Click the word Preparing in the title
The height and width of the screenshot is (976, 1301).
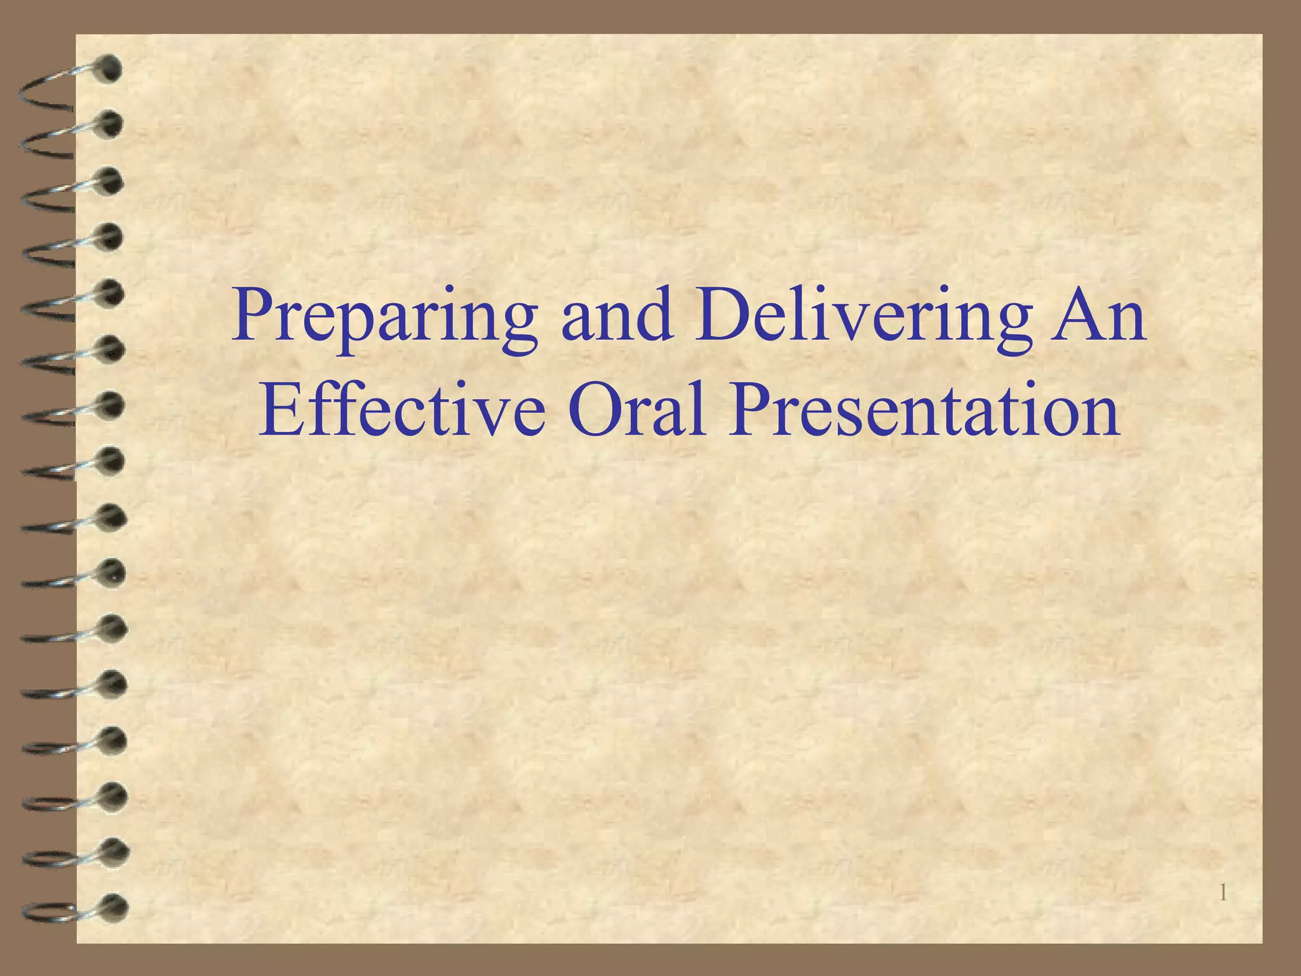click(384, 318)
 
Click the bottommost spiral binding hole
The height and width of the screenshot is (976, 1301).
click(114, 907)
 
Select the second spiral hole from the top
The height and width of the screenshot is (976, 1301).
click(111, 124)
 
